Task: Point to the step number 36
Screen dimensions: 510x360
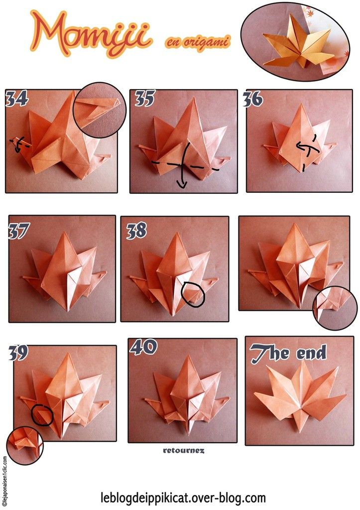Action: [x=253, y=100]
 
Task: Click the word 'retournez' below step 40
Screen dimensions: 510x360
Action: [x=183, y=450]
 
